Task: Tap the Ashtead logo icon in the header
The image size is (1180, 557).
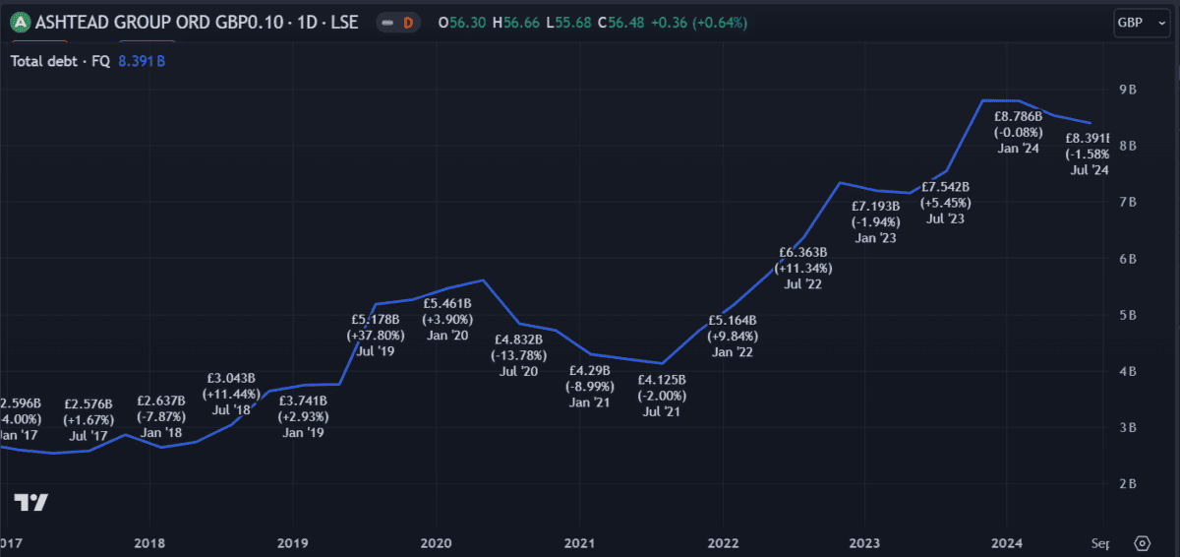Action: point(20,22)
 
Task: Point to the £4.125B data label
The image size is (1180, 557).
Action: point(661,380)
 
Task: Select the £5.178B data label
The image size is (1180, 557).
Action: point(376,319)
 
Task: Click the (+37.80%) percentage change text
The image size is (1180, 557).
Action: point(376,335)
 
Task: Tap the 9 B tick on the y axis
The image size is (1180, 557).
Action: point(1128,90)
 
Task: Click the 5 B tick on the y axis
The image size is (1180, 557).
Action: point(1128,315)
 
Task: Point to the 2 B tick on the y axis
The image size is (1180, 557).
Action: point(1128,483)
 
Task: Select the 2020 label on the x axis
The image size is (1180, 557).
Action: point(436,543)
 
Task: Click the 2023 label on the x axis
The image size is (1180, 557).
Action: point(864,543)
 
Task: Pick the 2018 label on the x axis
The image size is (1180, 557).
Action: point(149,543)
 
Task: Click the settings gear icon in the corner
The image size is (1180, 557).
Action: point(1142,542)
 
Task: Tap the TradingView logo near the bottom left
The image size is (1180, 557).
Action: point(30,502)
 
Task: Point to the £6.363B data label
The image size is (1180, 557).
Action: point(803,253)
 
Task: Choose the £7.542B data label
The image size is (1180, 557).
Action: point(945,187)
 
